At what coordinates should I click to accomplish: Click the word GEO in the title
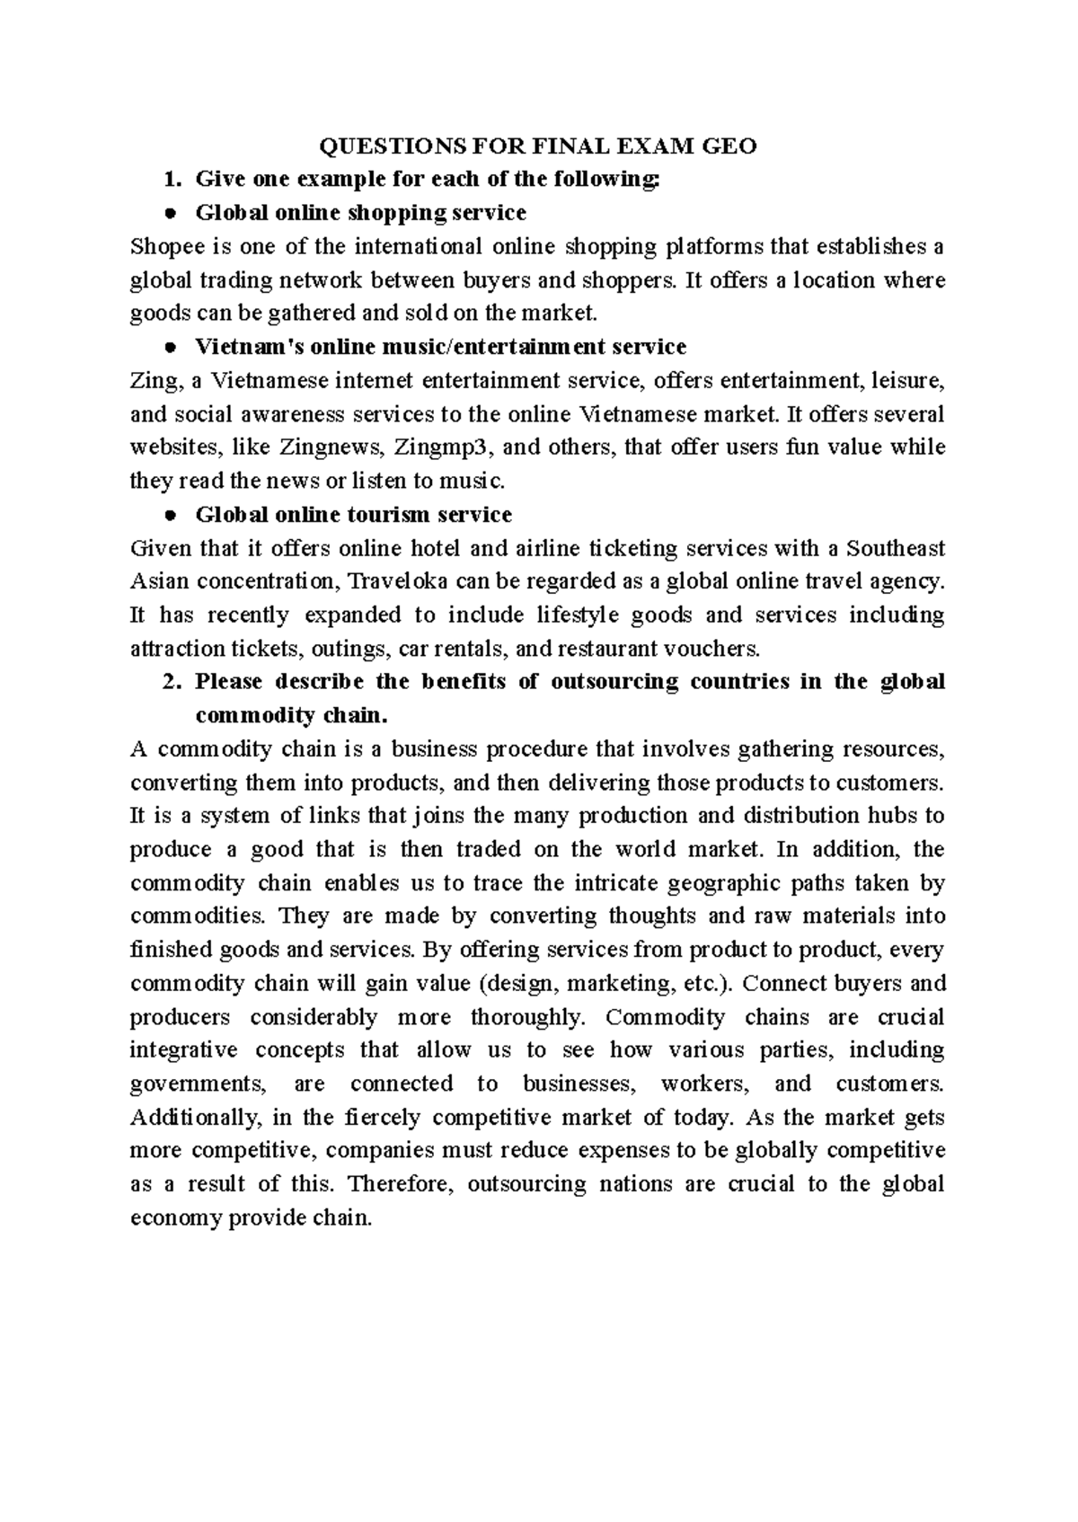(x=732, y=146)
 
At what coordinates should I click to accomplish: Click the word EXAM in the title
(x=665, y=146)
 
